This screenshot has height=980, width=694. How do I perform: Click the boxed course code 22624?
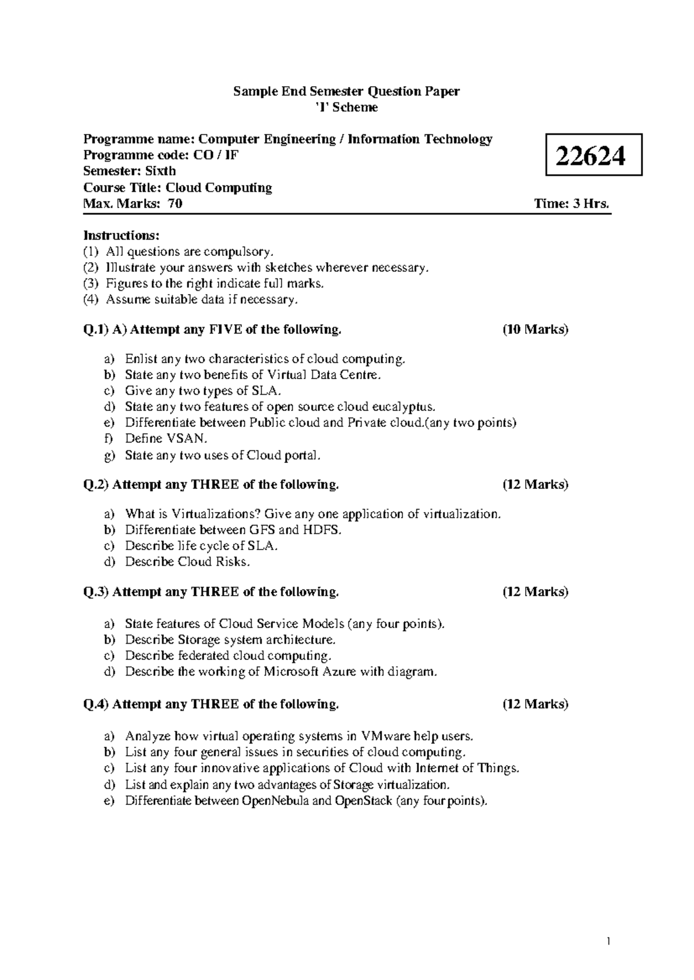point(594,155)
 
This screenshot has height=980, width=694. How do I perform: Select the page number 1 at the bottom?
point(608,941)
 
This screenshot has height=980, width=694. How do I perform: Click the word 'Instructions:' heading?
point(121,235)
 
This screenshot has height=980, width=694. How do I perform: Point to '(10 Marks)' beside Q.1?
point(535,329)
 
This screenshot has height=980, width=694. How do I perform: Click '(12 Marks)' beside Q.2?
point(535,484)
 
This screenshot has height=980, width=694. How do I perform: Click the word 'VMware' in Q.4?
point(385,736)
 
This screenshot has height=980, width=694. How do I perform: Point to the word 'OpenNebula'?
point(275,801)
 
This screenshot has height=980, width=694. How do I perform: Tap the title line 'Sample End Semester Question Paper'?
point(346,91)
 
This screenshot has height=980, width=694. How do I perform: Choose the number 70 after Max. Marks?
point(175,203)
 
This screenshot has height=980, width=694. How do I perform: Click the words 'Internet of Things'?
point(467,768)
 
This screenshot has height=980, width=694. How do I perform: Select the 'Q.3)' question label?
point(96,592)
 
